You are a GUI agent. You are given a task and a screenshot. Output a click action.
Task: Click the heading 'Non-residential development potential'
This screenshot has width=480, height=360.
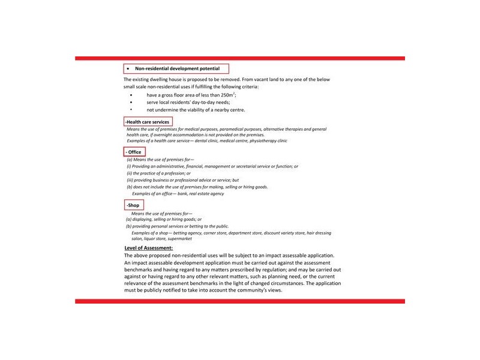[181, 68]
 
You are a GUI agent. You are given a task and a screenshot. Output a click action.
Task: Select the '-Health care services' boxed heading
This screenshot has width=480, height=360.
[148, 122]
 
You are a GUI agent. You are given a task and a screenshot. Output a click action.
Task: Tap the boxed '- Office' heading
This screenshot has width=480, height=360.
[134, 152]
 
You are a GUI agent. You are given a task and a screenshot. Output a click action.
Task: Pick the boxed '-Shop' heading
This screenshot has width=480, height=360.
[133, 205]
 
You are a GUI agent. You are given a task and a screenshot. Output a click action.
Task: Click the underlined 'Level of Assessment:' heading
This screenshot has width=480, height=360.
[149, 247]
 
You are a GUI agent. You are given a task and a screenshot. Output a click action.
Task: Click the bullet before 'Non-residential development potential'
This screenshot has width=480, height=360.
[128, 68]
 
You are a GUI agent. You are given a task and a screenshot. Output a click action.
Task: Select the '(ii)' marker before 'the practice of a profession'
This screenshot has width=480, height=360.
[130, 173]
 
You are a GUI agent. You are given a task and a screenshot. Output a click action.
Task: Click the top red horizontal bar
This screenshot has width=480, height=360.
[240, 58]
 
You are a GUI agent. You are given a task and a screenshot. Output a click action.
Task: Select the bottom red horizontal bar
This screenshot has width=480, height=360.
[240, 301]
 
